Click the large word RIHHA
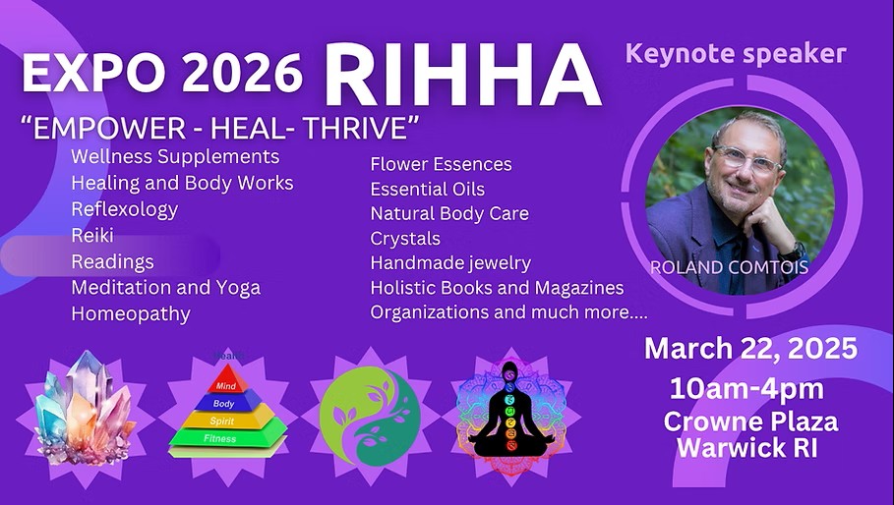463,75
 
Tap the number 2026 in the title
241,73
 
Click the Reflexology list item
124,209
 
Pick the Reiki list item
92,235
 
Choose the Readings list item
112,262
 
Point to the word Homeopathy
131,314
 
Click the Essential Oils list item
428,189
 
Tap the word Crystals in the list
405,239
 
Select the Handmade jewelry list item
450,263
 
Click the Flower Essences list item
442,164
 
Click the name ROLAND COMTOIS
729,267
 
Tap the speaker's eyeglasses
747,159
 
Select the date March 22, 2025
750,348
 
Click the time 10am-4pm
746,389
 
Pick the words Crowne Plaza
750,421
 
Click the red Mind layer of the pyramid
227,380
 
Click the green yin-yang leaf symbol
370,417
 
